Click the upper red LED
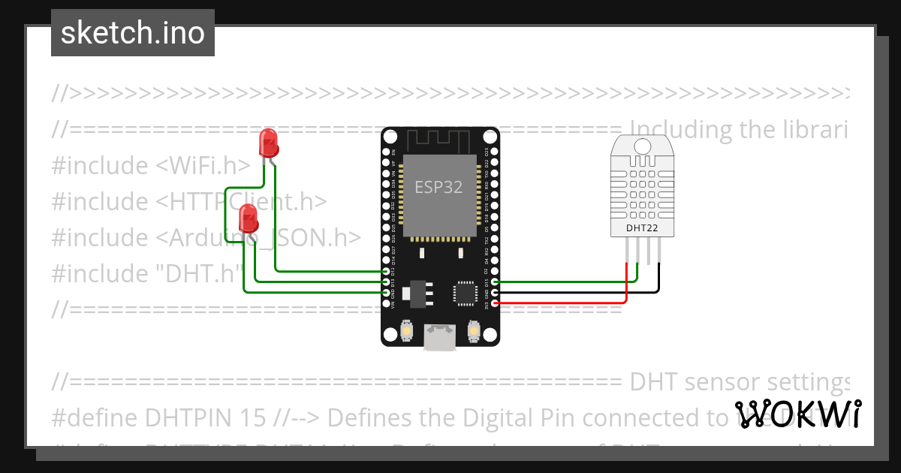[268, 142]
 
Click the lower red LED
[248, 219]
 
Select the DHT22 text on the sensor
[643, 227]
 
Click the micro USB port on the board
[439, 337]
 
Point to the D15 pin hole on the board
[493, 282]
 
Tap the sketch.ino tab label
[133, 33]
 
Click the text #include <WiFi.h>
[151, 165]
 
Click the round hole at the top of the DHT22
[643, 146]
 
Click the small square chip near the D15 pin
[464, 292]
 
